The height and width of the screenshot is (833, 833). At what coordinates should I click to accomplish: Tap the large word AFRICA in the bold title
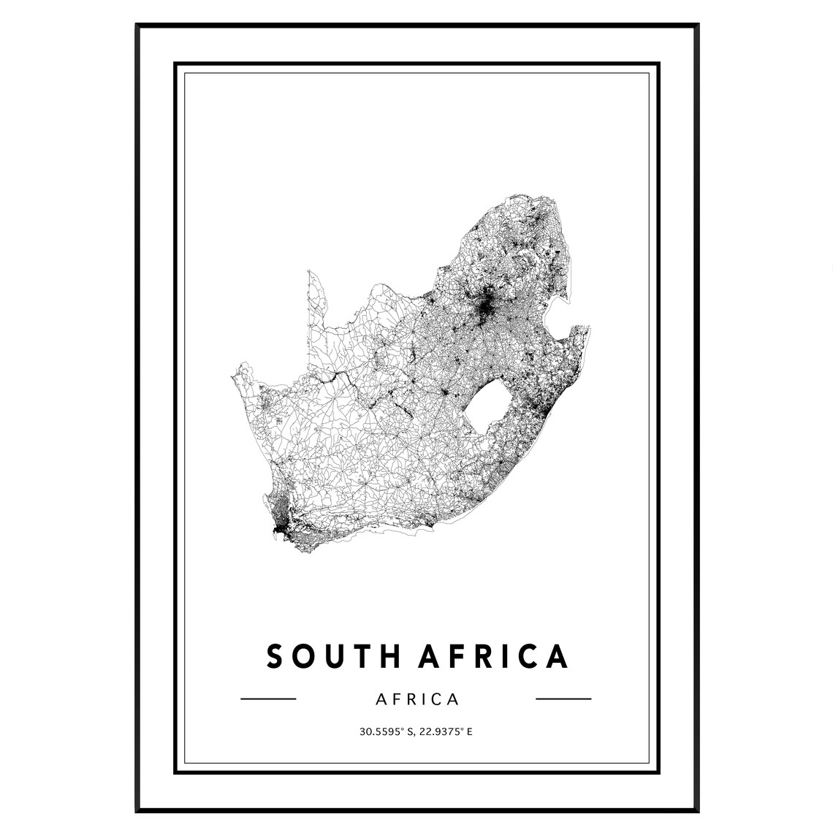[494, 656]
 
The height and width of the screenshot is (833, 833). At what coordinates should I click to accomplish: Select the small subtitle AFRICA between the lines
[417, 699]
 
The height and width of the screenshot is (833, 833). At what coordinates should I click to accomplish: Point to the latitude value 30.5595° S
[385, 731]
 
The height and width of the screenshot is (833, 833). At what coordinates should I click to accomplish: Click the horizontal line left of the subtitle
[268, 699]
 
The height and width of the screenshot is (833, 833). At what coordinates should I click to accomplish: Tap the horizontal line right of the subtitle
[563, 699]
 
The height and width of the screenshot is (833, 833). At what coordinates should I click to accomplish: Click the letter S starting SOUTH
[275, 656]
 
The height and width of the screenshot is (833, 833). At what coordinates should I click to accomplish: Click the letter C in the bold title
[526, 656]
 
